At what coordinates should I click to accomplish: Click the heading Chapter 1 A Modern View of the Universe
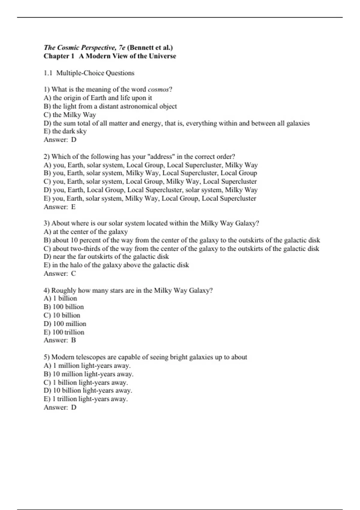tap(110, 56)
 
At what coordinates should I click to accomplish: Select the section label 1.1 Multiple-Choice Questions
tap(89, 73)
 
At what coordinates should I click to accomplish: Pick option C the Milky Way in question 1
tap(70, 115)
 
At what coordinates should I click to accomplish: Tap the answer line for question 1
tap(60, 139)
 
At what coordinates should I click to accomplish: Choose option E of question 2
tap(150, 198)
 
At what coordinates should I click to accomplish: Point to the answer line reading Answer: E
tap(60, 207)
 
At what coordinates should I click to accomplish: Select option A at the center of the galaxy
tap(86, 232)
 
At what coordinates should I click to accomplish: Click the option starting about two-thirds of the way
tap(181, 248)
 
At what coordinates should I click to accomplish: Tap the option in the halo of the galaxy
tap(116, 265)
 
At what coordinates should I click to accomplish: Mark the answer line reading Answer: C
tap(60, 273)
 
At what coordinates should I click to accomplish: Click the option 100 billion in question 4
tap(64, 307)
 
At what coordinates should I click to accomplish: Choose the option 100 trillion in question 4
tap(64, 332)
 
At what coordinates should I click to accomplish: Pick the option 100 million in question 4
tap(65, 324)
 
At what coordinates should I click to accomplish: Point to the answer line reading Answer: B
tap(60, 340)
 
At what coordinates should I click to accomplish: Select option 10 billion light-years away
tap(88, 390)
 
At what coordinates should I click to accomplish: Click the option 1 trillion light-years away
tap(86, 399)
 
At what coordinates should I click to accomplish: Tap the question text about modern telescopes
tap(145, 357)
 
